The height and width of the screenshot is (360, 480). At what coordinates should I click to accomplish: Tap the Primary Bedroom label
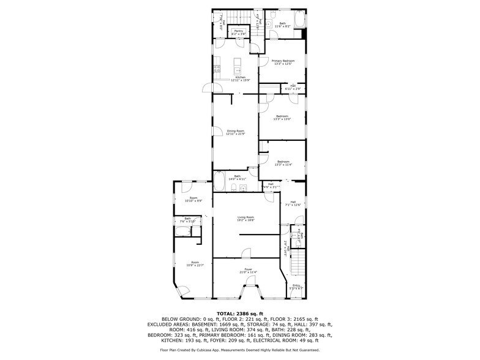(x=283, y=61)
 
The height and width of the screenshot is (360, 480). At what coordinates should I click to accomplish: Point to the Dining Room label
(x=236, y=131)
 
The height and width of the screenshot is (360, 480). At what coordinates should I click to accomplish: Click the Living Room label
(x=246, y=217)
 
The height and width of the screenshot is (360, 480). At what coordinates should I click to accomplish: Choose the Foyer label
(x=248, y=269)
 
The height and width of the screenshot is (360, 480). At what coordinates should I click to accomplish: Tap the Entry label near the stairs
(x=296, y=285)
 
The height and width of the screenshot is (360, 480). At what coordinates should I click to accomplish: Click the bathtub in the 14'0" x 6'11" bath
(x=219, y=182)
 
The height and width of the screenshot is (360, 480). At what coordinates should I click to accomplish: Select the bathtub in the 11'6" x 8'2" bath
(x=299, y=20)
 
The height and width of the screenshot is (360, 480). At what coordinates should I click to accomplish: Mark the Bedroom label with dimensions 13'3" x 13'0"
(x=282, y=116)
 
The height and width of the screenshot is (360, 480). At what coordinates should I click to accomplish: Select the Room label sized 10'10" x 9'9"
(x=193, y=199)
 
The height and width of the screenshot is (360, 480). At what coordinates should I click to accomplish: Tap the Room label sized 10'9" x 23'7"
(x=195, y=263)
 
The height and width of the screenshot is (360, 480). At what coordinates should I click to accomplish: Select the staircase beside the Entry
(x=298, y=264)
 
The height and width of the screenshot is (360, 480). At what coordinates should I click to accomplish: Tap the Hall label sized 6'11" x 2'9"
(x=293, y=87)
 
